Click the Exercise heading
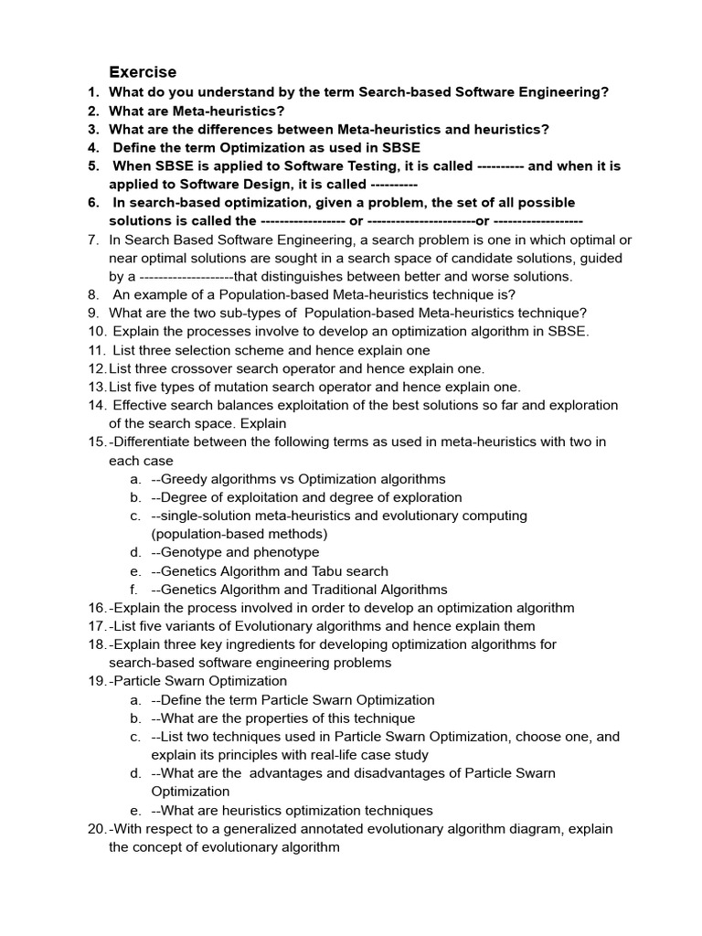tap(143, 72)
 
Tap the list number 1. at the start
tap(93, 92)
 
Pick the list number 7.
tap(93, 239)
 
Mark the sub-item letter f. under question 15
tap(135, 590)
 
